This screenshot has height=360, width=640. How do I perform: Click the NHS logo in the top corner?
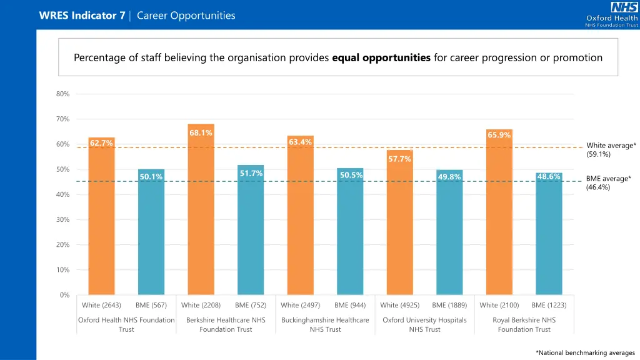624,7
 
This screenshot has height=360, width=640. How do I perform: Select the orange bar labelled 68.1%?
201,212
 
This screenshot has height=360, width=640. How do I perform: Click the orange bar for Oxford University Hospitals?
399,225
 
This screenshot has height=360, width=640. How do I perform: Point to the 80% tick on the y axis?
62,94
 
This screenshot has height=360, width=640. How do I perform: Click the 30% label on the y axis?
62,220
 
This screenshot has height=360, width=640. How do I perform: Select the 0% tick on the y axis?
64,295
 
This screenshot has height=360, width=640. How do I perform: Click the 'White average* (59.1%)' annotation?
611,150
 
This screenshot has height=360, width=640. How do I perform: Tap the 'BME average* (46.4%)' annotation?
608,182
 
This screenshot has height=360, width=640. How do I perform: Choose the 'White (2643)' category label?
101,305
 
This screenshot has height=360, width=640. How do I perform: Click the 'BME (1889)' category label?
449,305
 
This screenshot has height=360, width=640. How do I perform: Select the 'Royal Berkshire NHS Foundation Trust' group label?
524,324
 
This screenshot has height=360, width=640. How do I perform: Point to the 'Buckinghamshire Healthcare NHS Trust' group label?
325,324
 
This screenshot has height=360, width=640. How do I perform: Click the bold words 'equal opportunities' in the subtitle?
381,58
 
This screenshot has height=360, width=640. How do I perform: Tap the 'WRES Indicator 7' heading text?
81,16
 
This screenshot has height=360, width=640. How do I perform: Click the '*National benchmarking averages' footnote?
585,353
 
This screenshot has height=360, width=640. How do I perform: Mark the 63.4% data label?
300,142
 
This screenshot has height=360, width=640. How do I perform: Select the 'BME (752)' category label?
250,305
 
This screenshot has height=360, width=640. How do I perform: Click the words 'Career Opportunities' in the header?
186,16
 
